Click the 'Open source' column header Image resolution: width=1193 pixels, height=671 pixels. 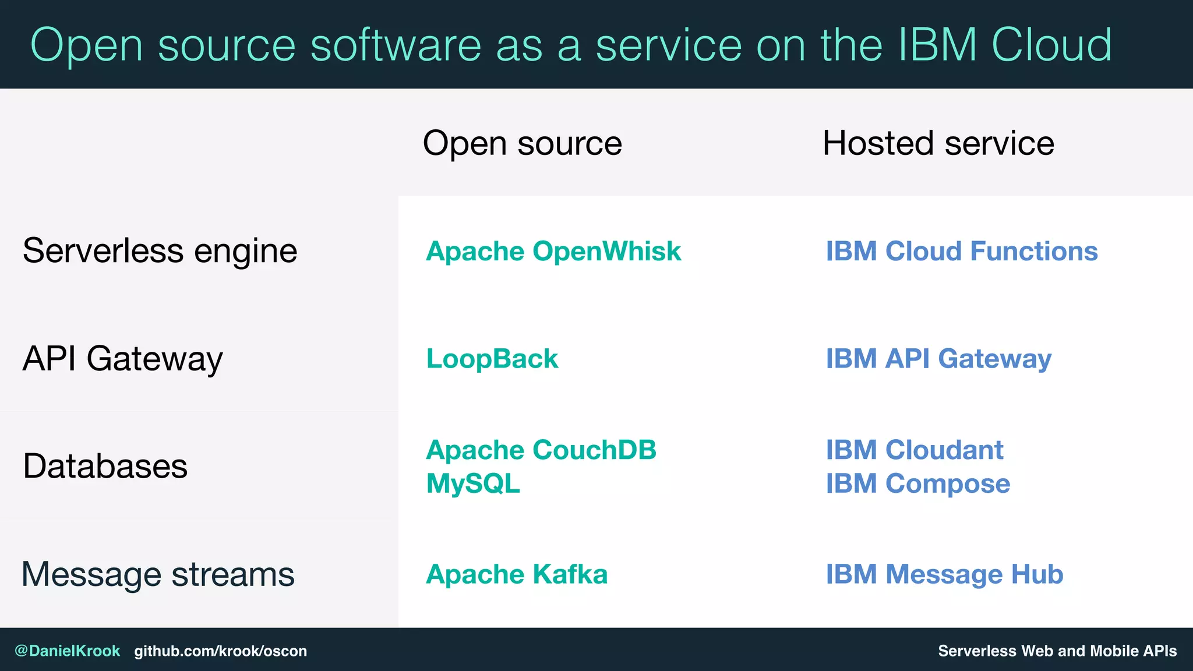point(522,143)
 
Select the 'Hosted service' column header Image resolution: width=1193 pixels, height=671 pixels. point(938,143)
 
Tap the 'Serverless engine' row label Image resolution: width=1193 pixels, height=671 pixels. point(160,251)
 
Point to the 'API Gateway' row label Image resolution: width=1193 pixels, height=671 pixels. point(122,358)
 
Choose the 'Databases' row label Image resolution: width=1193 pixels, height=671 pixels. point(105,466)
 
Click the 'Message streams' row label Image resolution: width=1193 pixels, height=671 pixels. point(158,574)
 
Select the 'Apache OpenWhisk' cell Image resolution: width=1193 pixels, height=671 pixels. point(553,251)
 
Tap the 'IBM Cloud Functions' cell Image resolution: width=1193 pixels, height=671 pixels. point(961,251)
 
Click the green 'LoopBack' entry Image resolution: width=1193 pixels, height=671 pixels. point(492,358)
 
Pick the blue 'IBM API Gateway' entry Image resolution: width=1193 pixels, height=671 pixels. point(938,358)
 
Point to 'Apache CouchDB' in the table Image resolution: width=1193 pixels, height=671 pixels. point(541,450)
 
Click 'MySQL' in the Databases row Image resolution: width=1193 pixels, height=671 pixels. point(473,483)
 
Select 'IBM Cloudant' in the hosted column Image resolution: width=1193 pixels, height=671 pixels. point(914,450)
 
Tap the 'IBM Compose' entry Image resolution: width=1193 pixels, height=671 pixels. point(917,483)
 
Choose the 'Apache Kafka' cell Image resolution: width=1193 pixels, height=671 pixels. point(516,574)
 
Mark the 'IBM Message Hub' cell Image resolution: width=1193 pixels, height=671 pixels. point(944,574)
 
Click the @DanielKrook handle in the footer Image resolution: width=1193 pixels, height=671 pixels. point(67,651)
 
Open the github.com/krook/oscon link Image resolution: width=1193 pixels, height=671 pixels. point(220,651)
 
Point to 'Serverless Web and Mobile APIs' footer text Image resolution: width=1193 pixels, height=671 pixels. point(1057,651)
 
